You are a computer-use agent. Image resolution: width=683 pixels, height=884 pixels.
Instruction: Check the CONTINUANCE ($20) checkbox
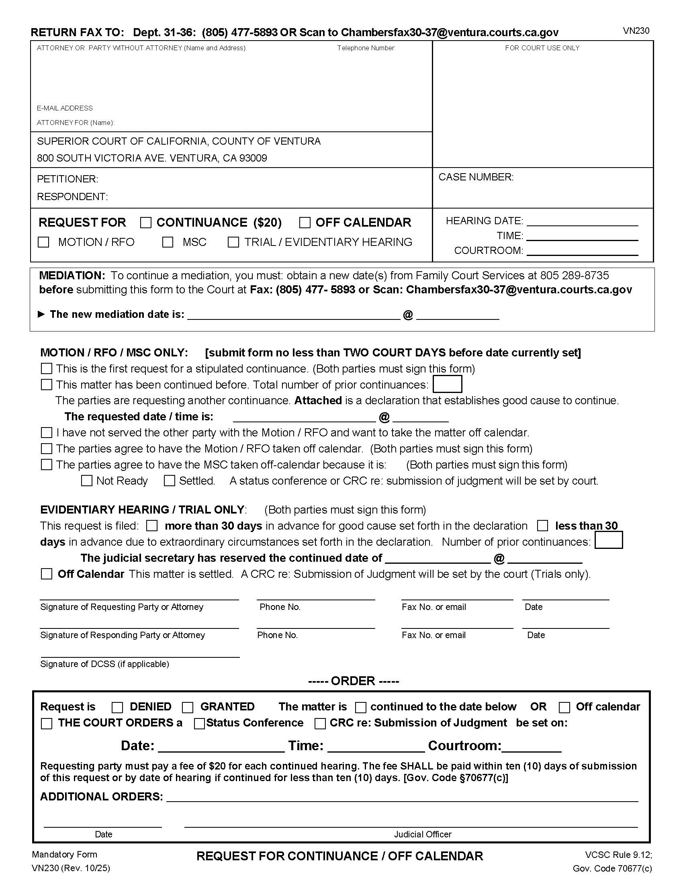click(x=146, y=223)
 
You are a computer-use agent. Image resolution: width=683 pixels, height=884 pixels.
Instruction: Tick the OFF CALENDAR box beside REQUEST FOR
click(x=305, y=223)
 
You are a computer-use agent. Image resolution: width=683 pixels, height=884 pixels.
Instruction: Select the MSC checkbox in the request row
click(x=168, y=242)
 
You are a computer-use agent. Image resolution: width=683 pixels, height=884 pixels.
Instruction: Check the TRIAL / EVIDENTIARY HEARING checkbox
click(x=233, y=242)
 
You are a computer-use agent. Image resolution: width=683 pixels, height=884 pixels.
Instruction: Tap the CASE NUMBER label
click(x=476, y=177)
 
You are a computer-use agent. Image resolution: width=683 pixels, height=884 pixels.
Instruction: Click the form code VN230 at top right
click(x=636, y=31)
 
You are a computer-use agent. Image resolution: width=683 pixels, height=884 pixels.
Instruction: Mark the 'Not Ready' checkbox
click(x=87, y=481)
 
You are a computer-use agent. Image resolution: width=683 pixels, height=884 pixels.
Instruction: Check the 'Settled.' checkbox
click(x=169, y=481)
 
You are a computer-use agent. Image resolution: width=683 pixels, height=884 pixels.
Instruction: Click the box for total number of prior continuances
click(x=447, y=384)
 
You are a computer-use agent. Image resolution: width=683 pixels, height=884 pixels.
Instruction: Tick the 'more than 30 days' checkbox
click(x=152, y=526)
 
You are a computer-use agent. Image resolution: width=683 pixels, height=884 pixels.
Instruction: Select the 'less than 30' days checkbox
click(x=542, y=526)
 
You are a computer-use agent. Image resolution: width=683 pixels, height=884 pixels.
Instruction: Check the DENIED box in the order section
click(x=117, y=707)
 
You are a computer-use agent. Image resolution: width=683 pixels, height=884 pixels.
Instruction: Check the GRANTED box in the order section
click(x=188, y=707)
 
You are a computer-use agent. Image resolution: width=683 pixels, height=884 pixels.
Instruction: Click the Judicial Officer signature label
click(x=422, y=834)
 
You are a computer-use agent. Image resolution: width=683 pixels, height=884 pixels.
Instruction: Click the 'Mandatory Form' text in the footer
click(x=64, y=854)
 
